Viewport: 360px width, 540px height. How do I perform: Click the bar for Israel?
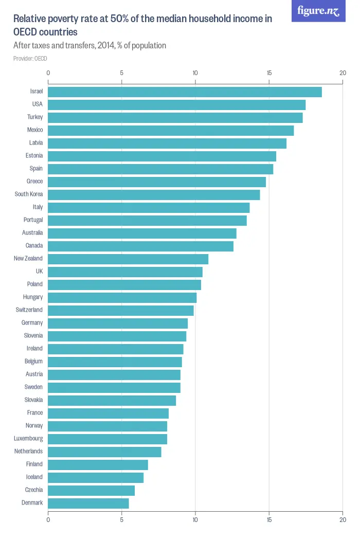coord(185,92)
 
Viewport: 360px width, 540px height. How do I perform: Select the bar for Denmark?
coord(88,503)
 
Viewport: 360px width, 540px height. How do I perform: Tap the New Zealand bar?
coord(128,259)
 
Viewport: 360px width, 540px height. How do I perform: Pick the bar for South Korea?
coord(154,194)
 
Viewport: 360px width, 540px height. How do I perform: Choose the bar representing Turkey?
coord(175,117)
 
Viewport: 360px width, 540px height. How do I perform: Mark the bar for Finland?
coord(98,464)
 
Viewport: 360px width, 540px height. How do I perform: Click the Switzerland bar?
coord(121,310)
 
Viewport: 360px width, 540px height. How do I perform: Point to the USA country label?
coord(37,104)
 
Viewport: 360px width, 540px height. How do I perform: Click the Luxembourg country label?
coord(28,439)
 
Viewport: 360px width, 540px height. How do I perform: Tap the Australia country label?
coord(32,233)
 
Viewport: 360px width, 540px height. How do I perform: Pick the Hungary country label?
coord(33,297)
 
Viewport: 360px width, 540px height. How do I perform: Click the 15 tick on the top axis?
coord(269,73)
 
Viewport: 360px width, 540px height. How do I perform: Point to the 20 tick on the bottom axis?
coord(343,520)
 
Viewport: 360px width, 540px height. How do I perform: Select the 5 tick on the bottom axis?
coord(122,520)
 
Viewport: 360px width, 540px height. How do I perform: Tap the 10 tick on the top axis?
coord(195,73)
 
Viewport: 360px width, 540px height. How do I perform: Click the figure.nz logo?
coord(318,11)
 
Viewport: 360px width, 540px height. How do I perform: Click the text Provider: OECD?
coord(30,59)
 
